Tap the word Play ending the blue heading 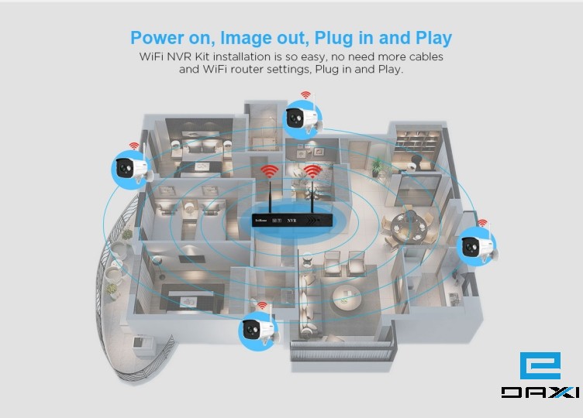pyautogui.click(x=432, y=38)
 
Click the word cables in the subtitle pyautogui.click(x=424, y=57)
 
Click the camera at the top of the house pyautogui.click(x=298, y=118)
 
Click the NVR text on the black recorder pyautogui.click(x=292, y=221)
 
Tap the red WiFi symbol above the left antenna pyautogui.click(x=269, y=171)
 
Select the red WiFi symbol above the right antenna pyautogui.click(x=313, y=171)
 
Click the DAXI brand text pyautogui.click(x=540, y=392)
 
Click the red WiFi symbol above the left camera pyautogui.click(x=134, y=146)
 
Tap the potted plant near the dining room pyautogui.click(x=378, y=164)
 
